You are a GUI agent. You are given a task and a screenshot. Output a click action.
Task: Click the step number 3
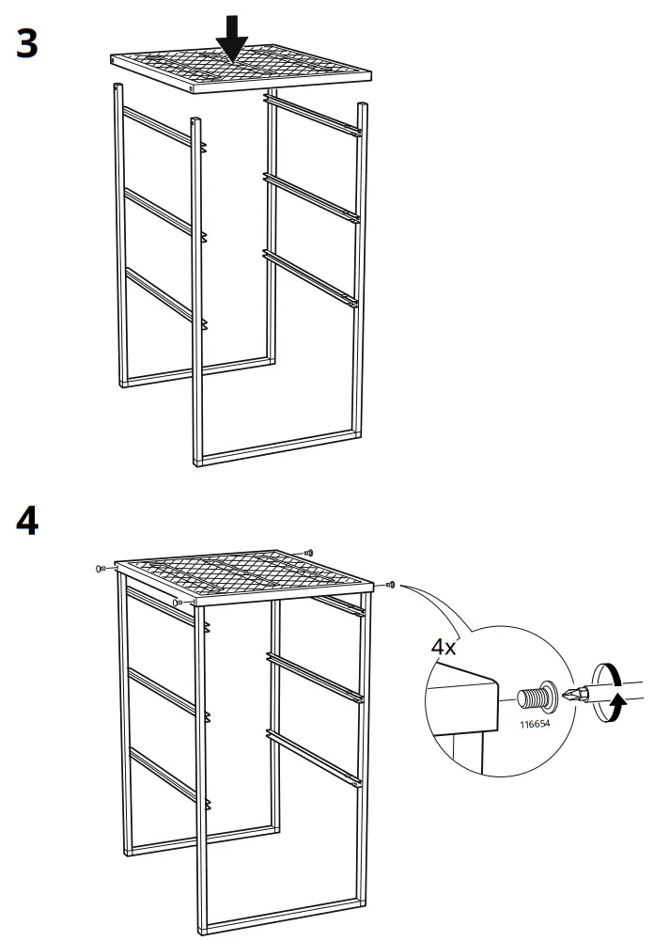tap(27, 44)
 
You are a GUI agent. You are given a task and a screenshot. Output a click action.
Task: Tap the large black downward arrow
tap(231, 38)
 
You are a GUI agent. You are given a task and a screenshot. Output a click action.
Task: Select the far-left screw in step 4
tap(100, 569)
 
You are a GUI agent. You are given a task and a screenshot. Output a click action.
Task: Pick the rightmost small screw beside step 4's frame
tap(391, 585)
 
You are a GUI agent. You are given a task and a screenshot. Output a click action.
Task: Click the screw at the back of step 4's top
tap(308, 554)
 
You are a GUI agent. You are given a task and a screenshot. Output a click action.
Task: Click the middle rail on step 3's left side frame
tap(157, 212)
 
